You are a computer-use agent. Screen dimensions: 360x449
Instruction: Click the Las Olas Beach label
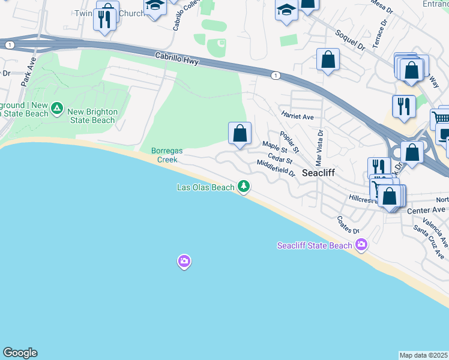click(205, 187)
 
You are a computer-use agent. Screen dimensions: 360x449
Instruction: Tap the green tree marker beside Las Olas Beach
click(244, 187)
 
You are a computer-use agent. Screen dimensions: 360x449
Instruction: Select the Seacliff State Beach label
click(315, 245)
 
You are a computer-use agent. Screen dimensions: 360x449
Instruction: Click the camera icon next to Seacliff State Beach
click(361, 244)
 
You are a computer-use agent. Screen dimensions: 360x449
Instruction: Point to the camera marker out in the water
click(184, 261)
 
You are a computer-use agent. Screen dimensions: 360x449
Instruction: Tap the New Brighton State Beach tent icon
click(57, 109)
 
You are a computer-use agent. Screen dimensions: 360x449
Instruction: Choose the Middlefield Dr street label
click(276, 168)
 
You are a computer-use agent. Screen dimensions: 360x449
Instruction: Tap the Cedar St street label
click(280, 158)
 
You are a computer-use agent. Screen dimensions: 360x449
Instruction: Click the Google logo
click(20, 353)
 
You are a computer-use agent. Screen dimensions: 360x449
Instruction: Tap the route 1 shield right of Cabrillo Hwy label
click(275, 75)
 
